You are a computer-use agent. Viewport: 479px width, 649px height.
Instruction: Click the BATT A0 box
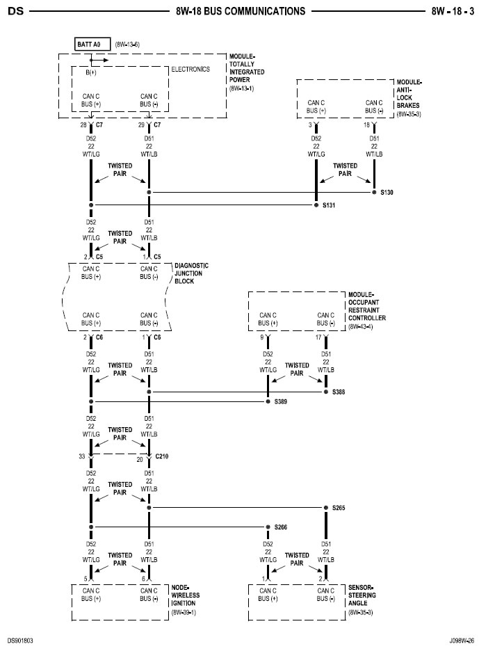tap(90, 44)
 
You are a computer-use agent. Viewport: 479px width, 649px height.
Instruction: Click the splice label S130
tap(387, 191)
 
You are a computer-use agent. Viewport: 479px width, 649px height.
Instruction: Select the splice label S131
tap(328, 205)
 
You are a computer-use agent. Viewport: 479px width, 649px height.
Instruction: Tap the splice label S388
tap(339, 392)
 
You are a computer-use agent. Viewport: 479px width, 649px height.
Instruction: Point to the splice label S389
tap(282, 402)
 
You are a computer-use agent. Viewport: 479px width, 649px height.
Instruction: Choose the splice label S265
tap(339, 508)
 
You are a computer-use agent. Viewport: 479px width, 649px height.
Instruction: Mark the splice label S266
tap(282, 527)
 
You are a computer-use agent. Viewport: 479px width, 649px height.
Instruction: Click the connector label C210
tap(162, 456)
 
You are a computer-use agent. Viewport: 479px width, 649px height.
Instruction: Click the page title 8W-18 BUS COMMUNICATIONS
tap(240, 11)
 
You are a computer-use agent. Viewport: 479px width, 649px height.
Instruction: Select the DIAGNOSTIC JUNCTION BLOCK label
tap(191, 273)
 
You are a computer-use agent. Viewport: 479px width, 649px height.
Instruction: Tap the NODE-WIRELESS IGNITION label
tap(184, 600)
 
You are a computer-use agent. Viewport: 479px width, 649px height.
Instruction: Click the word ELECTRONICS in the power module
tap(190, 70)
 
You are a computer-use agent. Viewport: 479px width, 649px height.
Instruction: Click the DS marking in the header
tap(15, 11)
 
